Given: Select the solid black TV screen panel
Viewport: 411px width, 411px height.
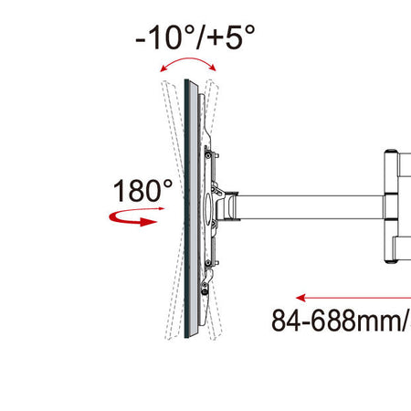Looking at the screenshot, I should pyautogui.click(x=190, y=210).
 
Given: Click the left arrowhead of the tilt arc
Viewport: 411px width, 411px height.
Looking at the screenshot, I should pyautogui.click(x=162, y=69).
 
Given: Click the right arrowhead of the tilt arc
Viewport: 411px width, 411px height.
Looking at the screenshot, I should pyautogui.click(x=215, y=68).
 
